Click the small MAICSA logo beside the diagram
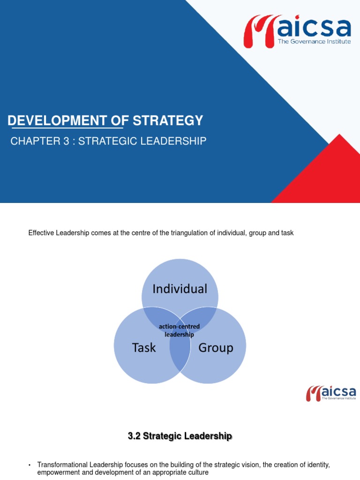click(331, 393)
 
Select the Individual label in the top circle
click(180, 289)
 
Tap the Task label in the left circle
click(144, 348)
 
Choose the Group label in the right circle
click(216, 348)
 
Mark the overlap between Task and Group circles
click(180, 356)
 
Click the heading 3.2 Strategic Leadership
click(180, 436)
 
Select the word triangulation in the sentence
click(188, 233)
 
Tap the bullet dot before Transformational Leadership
click(30, 465)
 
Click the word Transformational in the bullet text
click(62, 465)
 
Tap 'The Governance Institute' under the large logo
click(314, 42)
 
